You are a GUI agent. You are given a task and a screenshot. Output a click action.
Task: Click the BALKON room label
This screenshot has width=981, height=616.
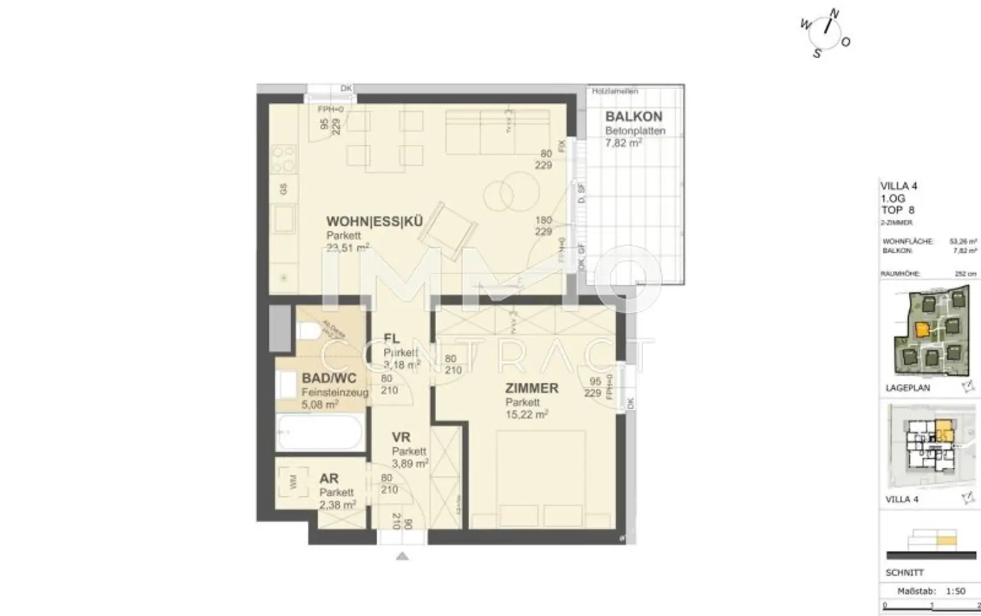634,117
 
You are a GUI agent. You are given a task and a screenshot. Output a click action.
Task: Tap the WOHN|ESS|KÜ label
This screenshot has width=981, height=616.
374,222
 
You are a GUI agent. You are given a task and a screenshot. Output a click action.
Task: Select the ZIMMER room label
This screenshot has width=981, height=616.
531,388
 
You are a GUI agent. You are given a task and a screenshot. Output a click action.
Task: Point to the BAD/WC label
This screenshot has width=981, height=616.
329,378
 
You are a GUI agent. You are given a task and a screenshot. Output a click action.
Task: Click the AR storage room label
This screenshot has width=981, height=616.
329,479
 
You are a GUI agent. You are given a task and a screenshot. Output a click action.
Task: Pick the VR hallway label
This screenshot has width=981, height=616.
401,438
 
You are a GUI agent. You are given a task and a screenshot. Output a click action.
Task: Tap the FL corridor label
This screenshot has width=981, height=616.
392,339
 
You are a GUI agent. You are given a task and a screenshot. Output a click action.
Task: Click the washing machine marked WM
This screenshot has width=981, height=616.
293,482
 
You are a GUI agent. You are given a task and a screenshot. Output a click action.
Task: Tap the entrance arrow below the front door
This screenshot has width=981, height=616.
402,557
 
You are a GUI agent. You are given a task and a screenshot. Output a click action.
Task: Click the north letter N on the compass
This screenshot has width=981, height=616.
834,13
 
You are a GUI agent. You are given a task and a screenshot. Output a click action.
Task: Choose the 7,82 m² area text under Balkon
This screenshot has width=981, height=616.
623,143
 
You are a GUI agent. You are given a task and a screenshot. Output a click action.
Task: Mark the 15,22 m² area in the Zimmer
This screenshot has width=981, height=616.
526,415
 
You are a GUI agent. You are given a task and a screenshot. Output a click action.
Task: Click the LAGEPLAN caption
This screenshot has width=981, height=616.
908,388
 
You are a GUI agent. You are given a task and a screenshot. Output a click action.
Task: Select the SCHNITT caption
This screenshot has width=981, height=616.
904,573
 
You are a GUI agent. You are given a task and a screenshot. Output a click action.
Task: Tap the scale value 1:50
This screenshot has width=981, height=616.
955,591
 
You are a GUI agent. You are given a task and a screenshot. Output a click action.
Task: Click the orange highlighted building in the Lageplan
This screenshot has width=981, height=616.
922,330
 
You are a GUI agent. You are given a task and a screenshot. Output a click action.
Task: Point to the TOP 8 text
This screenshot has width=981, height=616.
898,210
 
